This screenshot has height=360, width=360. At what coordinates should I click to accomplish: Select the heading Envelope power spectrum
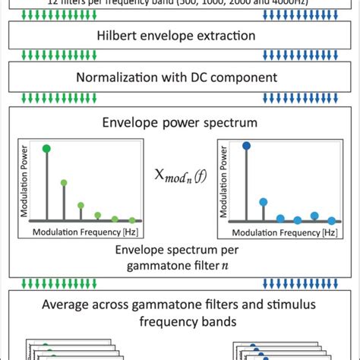180,122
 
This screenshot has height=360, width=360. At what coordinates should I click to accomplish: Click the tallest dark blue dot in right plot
246,145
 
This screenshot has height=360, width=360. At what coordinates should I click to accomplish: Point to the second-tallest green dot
64,183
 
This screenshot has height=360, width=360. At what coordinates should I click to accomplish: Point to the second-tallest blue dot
264,201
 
